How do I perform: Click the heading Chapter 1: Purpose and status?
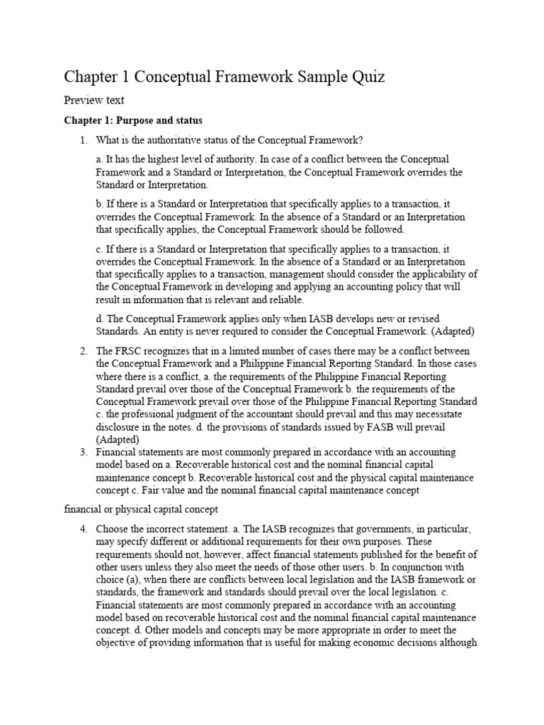[132, 120]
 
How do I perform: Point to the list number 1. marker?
[84, 139]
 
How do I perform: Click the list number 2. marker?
[84, 351]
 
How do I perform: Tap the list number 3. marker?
[84, 452]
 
